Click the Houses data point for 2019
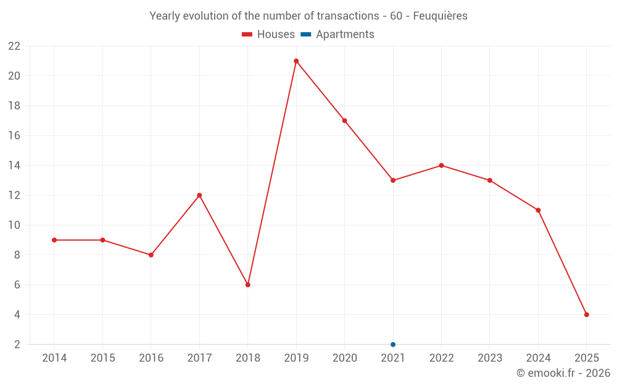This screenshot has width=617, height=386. (296, 61)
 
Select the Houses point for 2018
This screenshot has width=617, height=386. (247, 285)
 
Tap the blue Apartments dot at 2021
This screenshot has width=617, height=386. (393, 345)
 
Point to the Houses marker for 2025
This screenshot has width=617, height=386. (587, 315)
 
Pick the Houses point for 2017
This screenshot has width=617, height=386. (199, 195)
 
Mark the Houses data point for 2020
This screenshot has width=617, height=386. (344, 120)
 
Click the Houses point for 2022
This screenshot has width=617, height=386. (441, 166)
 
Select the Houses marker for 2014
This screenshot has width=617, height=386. (54, 240)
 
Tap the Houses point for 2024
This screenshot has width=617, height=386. (538, 210)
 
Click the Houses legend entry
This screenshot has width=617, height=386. (268, 35)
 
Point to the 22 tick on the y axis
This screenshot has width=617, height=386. (14, 46)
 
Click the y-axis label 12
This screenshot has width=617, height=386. (14, 195)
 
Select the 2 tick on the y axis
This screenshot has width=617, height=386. (17, 345)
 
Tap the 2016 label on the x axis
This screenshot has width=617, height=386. (151, 358)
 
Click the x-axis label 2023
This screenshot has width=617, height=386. (490, 358)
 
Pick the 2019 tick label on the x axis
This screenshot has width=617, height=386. (296, 358)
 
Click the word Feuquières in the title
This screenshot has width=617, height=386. (440, 16)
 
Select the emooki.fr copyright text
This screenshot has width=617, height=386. (563, 373)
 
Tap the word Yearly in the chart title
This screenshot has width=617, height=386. (165, 16)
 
